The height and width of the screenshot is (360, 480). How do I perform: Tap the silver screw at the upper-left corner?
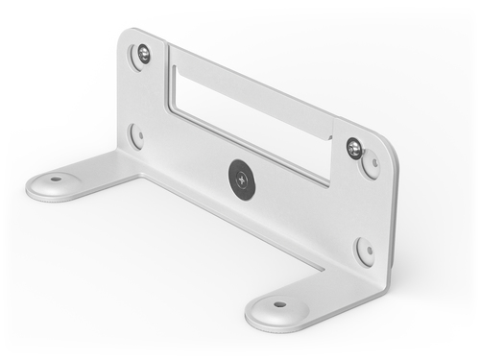(x=143, y=54)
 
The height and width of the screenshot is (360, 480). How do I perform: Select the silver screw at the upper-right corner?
(x=354, y=148)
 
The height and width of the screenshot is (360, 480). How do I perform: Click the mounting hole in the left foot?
(x=56, y=179)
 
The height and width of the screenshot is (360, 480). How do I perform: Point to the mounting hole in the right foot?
(x=279, y=304)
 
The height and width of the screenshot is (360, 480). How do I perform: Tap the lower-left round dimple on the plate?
(x=136, y=134)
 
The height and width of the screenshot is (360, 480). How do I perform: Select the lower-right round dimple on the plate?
(x=365, y=252)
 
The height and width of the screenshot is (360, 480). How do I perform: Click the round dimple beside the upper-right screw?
(x=370, y=165)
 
